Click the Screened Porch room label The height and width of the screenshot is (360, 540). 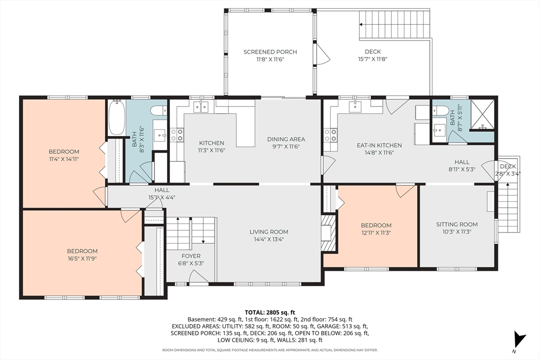(x=270, y=52)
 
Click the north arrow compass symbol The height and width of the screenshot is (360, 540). (x=519, y=339)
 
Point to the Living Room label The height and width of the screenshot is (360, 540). (x=269, y=232)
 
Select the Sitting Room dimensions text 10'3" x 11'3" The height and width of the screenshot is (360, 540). (x=457, y=232)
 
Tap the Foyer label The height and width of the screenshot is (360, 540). (x=190, y=256)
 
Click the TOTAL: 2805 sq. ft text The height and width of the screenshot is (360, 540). (x=269, y=312)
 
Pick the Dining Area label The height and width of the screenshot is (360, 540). (x=286, y=139)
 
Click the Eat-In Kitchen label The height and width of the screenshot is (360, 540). (x=379, y=145)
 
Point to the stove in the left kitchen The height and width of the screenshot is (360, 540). (x=177, y=135)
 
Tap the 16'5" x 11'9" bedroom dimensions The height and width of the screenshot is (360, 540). (x=82, y=259)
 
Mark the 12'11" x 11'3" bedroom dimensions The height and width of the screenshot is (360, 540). (x=376, y=232)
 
